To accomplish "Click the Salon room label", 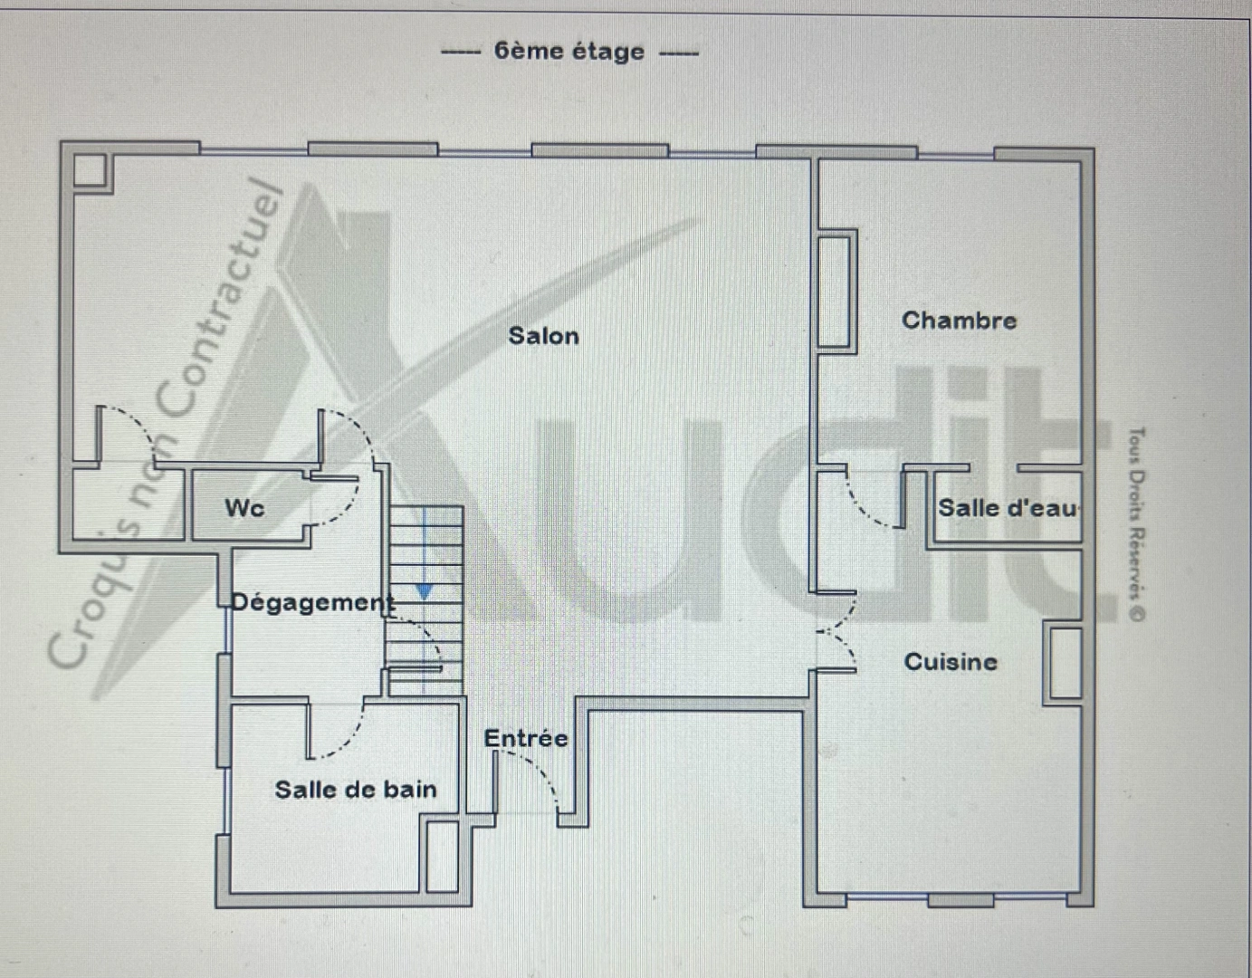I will click(x=543, y=336).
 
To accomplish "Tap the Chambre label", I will click(x=959, y=321).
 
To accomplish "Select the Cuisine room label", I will click(x=951, y=662).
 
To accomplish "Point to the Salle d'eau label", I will click(x=1008, y=508).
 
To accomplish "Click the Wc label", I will click(x=244, y=508).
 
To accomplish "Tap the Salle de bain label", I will click(x=356, y=790).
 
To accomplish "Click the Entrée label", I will click(x=526, y=739).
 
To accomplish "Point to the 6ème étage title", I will click(x=569, y=52).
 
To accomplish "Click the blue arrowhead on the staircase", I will click(x=424, y=592).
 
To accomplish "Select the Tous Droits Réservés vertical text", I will click(x=1136, y=525).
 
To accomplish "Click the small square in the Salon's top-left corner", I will click(x=90, y=170).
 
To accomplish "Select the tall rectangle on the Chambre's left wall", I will click(x=836, y=291).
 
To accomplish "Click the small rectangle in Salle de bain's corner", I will click(x=443, y=856).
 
